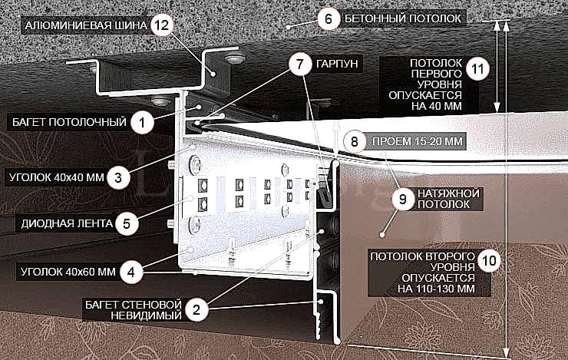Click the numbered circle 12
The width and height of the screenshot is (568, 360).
click(162, 25)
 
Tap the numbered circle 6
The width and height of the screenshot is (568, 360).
click(329, 18)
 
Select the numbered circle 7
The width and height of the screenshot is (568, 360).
click(300, 64)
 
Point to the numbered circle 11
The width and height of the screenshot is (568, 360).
click(477, 68)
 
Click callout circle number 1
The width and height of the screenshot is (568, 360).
click(142, 122)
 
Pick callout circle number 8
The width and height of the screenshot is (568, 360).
click(355, 141)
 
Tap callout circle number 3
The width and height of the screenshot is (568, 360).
click(118, 177)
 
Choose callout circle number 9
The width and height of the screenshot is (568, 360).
click(402, 199)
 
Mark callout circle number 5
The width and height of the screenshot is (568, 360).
click(127, 223)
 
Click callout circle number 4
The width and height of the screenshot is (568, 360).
click(131, 272)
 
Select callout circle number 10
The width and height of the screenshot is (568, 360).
click(489, 260)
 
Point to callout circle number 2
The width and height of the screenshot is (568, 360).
click(196, 310)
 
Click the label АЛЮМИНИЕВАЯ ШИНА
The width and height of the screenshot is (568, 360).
click(86, 26)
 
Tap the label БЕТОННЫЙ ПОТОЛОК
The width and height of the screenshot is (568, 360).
click(403, 18)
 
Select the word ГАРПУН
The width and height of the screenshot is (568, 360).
click(337, 64)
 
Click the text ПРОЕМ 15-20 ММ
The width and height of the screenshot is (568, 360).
click(418, 141)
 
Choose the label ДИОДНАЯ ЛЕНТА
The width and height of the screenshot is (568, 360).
click(67, 223)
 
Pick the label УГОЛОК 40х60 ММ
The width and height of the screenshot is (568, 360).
click(68, 272)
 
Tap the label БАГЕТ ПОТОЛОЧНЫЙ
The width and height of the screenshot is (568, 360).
click(69, 122)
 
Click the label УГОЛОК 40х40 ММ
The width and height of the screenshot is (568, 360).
click(57, 177)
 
